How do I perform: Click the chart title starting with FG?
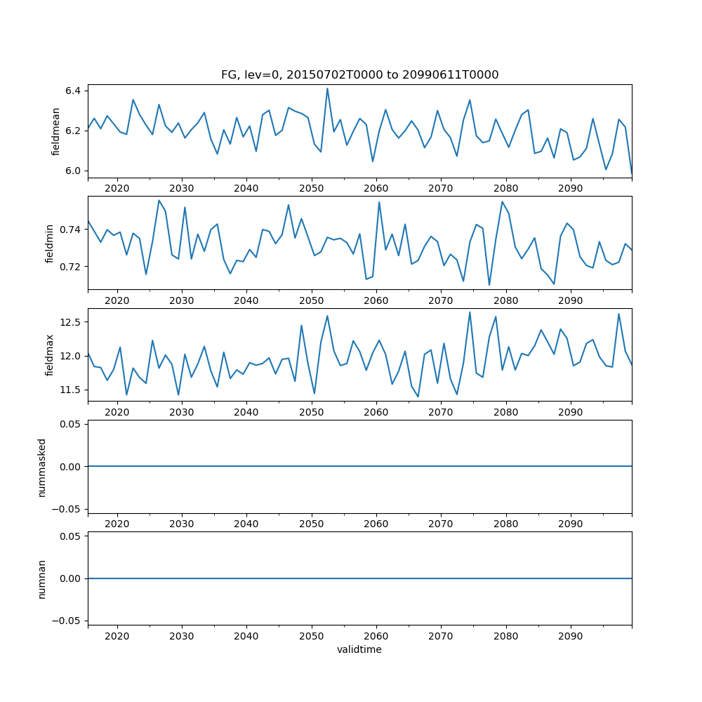359,75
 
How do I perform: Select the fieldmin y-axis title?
49,243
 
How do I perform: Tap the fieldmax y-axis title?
49,355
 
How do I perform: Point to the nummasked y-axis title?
42,467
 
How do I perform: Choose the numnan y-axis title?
42,578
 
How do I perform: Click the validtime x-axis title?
359,649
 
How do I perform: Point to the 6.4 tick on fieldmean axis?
73,91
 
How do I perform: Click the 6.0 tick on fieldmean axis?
73,171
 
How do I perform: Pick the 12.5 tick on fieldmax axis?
70,322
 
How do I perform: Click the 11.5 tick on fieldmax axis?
70,390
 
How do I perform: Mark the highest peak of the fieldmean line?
327,88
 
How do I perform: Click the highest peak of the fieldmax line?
470,312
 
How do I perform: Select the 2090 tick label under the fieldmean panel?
570,190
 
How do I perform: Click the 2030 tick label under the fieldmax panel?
182,413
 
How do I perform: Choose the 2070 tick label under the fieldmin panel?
441,302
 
